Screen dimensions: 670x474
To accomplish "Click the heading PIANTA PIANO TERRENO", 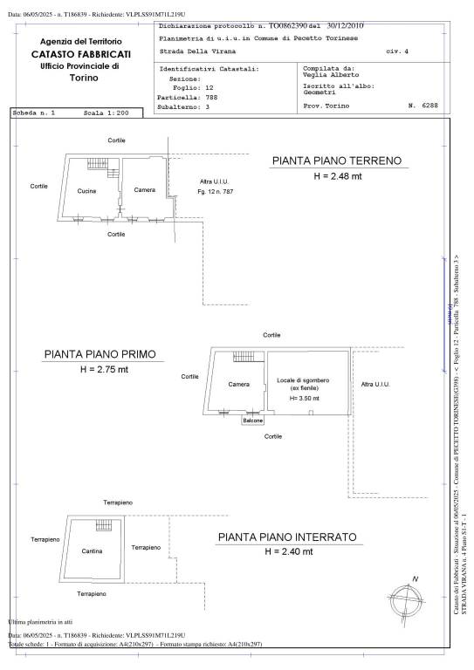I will (336, 161).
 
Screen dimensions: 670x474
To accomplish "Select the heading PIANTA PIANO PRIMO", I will (100, 355).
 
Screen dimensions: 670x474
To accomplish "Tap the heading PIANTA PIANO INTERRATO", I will (287, 538).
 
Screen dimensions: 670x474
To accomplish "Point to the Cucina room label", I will (86, 191).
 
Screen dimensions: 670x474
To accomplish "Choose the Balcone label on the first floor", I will (252, 420).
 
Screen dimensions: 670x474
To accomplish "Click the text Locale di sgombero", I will (303, 381).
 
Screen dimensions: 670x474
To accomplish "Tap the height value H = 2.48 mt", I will (336, 176).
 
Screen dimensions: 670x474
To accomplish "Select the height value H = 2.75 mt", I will (100, 370).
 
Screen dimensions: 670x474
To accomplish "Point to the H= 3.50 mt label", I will (304, 398).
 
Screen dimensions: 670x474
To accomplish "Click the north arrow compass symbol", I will (410, 598).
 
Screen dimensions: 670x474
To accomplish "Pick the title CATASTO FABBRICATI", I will (81, 54).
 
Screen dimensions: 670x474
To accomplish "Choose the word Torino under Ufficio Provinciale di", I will (80, 78).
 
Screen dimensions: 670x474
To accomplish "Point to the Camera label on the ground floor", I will (144, 190).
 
